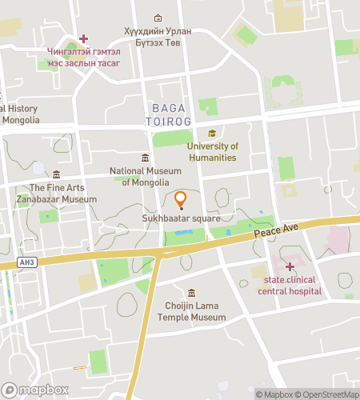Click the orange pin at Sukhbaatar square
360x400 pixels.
pos(180,199)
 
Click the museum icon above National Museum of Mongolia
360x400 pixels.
pos(145,158)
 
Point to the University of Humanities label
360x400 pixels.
pos(213,152)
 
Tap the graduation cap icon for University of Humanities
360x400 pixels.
pos(212,134)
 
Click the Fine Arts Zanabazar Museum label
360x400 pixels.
pos(58,194)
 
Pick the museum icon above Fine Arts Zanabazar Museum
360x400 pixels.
pos(56,174)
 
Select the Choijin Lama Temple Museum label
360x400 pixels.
pos(191,312)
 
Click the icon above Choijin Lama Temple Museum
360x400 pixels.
pos(190,294)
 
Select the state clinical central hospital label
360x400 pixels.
pos(290,286)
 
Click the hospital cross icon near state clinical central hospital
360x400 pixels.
pos(290,266)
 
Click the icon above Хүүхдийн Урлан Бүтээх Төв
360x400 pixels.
pos(158,18)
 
